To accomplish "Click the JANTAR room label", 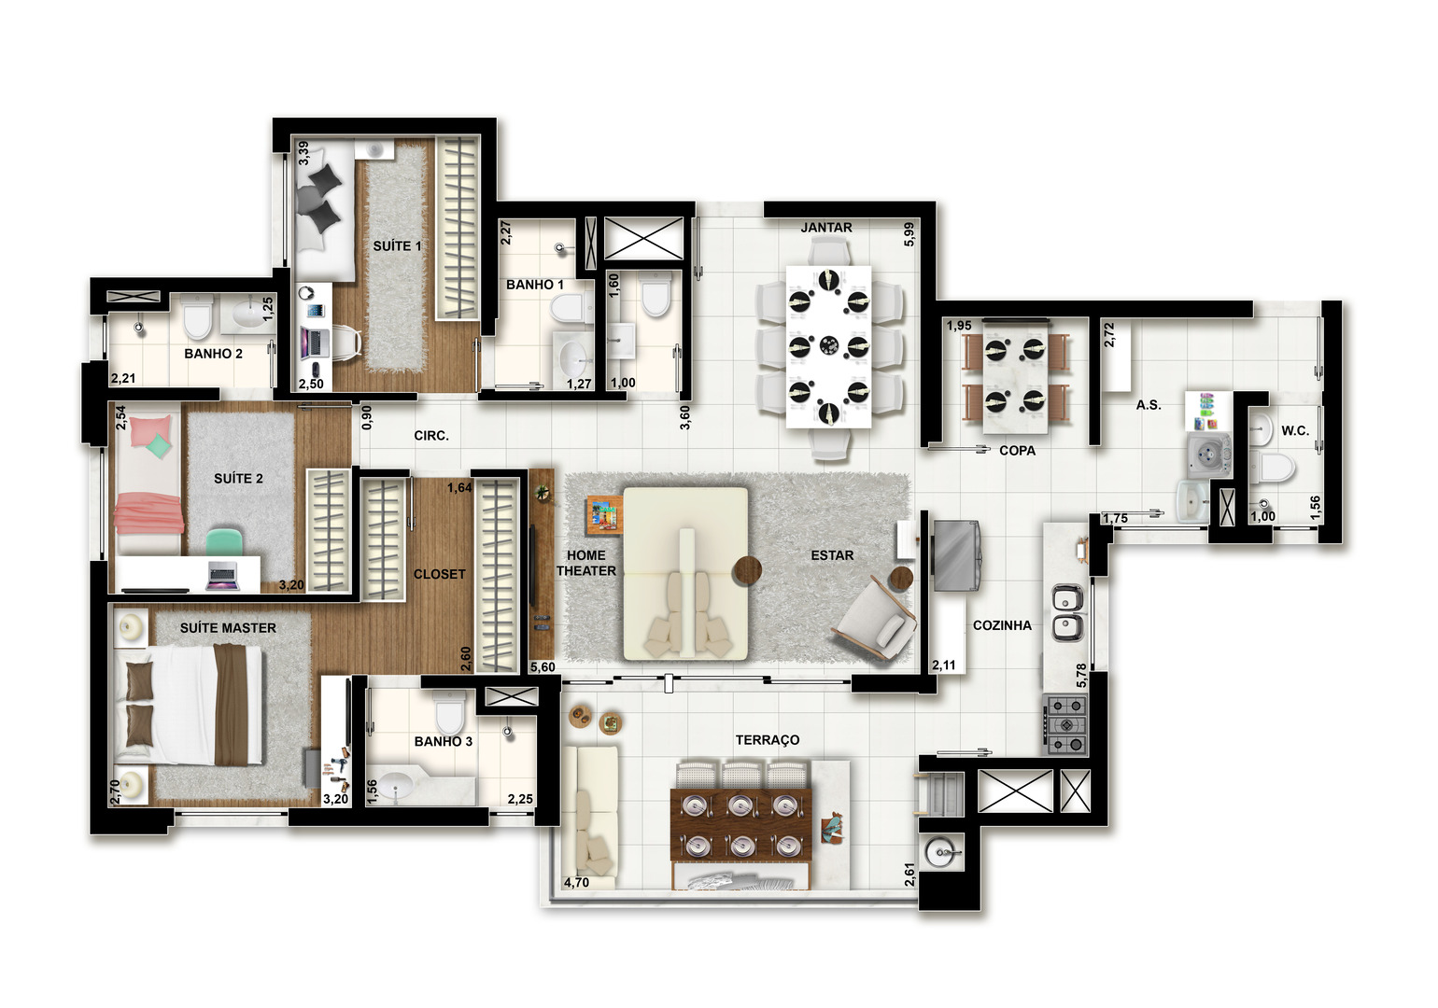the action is (826, 228).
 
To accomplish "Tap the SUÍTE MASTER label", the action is (228, 628).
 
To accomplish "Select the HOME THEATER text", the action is (585, 564).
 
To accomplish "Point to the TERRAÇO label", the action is (768, 740).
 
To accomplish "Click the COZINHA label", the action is (1002, 625).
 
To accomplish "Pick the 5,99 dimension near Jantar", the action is (909, 234).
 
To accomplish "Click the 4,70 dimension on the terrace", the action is (576, 882).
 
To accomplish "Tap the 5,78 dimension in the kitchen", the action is (1081, 675).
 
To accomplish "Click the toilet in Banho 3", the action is (448, 712).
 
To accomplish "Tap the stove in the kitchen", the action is (1067, 725).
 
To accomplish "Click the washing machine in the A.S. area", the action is (1209, 455).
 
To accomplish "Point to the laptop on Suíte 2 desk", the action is (222, 576).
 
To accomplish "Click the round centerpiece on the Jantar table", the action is (829, 346).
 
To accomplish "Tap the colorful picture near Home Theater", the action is (604, 515).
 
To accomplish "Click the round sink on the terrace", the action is (942, 852).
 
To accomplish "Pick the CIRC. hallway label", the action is (431, 436).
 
